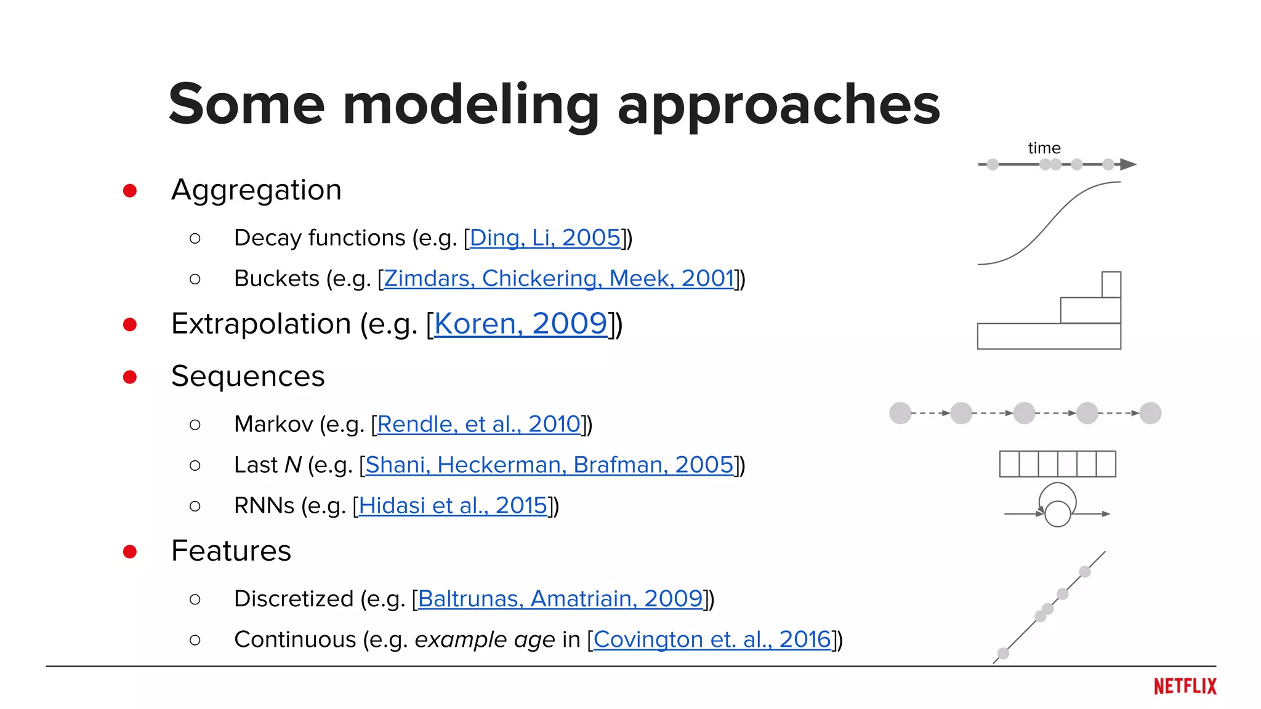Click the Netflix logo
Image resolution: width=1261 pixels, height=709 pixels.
pos(1185,686)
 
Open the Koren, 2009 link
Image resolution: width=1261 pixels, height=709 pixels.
pos(520,324)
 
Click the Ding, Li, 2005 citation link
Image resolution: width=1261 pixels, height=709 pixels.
pos(545,238)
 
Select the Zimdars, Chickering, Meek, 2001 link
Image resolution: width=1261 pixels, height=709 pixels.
pos(558,279)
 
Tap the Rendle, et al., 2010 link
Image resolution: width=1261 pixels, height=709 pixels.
pos(478,424)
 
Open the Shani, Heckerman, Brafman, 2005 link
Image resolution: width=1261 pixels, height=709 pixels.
pos(549,465)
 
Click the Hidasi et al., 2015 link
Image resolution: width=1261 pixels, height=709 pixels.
pos(453,505)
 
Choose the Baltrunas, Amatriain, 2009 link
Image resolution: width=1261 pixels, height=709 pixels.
pos(560,598)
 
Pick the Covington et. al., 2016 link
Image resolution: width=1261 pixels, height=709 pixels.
pos(712,639)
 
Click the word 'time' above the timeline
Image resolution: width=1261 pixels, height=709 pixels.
pos(1044,148)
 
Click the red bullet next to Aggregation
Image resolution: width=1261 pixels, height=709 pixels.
pos(130,191)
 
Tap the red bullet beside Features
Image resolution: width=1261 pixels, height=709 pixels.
pos(130,551)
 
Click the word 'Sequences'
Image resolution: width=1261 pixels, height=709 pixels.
pos(248,376)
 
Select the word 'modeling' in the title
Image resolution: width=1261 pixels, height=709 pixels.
pos(470,105)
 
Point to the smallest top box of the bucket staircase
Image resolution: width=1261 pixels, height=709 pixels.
pos(1111,284)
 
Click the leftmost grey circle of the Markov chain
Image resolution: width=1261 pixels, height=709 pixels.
pos(900,413)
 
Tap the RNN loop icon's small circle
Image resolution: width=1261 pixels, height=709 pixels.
pos(1058,514)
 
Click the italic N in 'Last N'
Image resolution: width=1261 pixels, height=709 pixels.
pos(293,465)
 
